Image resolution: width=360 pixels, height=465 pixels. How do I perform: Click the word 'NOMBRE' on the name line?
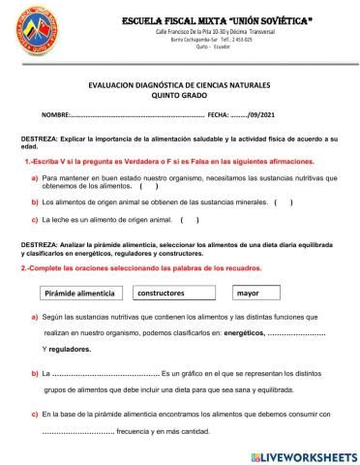pos(57,115)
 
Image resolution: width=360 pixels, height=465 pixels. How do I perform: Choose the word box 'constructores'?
pos(161,292)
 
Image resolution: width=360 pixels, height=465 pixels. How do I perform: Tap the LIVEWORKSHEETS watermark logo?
pos(303,455)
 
